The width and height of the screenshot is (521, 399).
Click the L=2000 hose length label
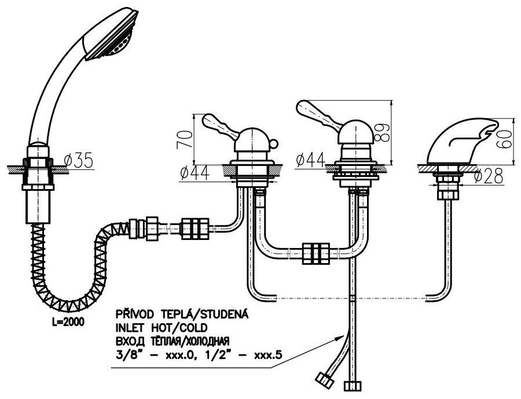(65, 322)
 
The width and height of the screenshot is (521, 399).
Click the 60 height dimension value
(507, 139)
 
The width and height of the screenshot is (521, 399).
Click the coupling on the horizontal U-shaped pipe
(316, 252)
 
